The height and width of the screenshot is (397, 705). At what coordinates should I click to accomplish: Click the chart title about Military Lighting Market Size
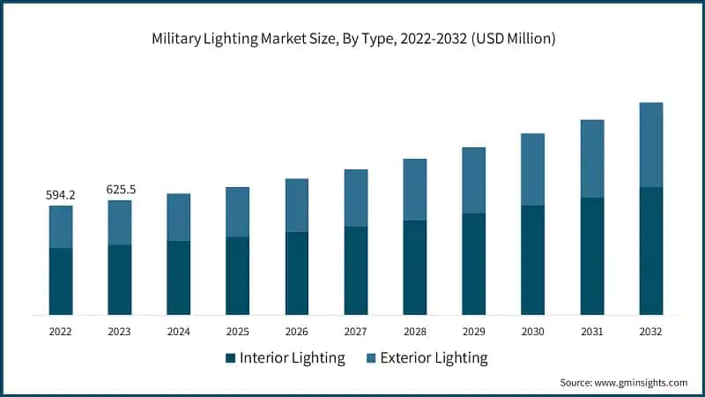[352, 39]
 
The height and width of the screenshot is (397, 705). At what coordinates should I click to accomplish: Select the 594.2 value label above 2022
[61, 195]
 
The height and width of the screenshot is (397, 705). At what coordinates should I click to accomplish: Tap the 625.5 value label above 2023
[120, 189]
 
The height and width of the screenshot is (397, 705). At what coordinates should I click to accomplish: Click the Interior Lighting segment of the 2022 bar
[61, 281]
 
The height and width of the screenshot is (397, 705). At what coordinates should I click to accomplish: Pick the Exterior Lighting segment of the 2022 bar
[61, 227]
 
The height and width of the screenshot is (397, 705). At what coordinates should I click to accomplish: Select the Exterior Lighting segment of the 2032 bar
[650, 145]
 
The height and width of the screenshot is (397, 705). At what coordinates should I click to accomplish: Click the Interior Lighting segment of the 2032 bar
[650, 251]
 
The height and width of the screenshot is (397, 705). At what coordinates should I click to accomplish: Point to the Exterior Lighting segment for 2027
[355, 198]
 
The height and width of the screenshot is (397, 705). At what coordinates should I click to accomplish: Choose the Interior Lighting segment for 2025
[237, 275]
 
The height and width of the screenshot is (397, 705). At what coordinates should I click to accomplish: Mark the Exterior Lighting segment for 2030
[532, 169]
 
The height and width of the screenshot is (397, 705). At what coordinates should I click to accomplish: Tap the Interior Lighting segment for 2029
[473, 264]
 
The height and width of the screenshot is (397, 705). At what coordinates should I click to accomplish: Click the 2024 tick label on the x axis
[179, 332]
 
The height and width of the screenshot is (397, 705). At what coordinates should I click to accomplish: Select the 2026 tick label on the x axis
[296, 332]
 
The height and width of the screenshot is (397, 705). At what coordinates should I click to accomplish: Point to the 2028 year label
[414, 332]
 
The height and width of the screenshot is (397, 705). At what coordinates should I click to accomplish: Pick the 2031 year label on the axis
[591, 332]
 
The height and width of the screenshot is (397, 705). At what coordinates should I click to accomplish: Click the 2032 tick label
[650, 332]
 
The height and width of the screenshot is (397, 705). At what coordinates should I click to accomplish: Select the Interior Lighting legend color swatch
[231, 358]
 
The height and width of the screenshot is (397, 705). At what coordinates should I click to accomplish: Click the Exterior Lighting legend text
[431, 358]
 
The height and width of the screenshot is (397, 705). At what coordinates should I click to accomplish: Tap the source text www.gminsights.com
[624, 383]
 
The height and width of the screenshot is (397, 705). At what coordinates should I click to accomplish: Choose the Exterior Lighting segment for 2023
[120, 222]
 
